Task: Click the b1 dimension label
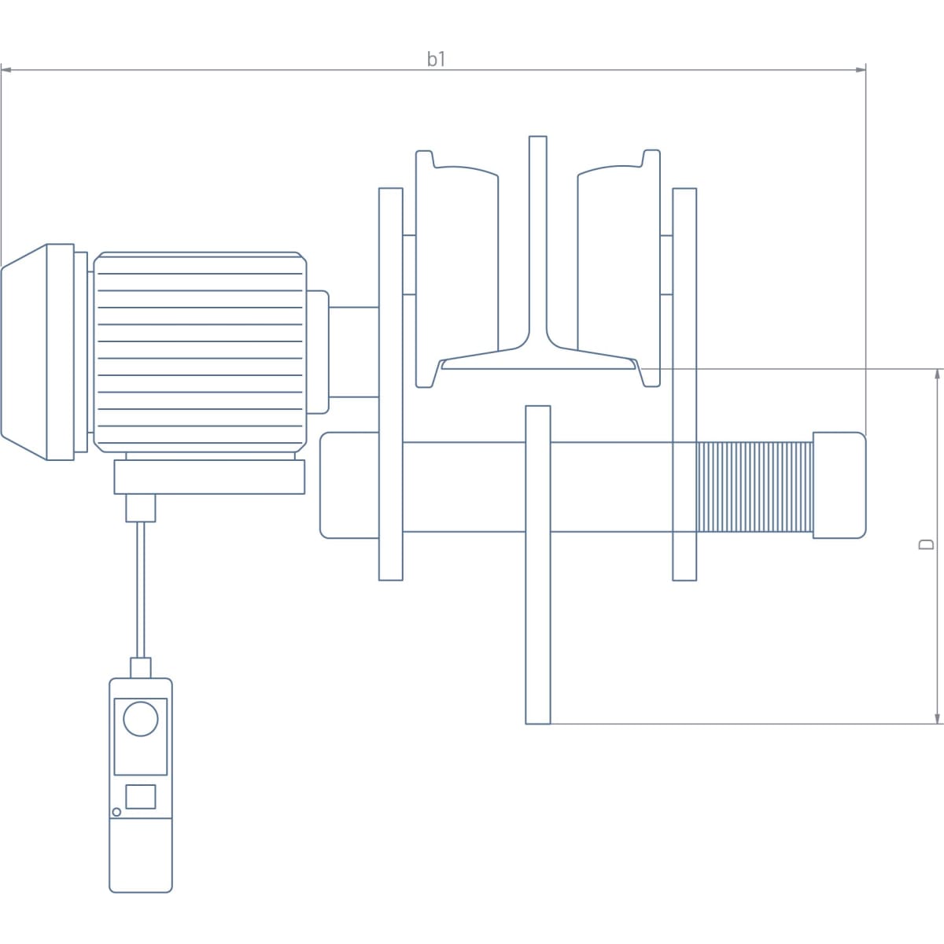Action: point(437,59)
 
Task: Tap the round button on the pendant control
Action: point(141,719)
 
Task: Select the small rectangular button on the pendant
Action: point(141,796)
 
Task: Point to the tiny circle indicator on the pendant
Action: point(116,812)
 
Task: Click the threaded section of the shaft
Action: point(754,486)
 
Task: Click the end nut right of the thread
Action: point(839,485)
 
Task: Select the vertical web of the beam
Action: point(538,236)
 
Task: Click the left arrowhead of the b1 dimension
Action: point(6,71)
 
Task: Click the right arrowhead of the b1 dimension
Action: point(861,71)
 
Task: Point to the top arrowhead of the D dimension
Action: point(938,374)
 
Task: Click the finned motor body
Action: point(200,352)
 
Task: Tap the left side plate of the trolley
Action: point(391,384)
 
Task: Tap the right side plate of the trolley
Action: point(684,384)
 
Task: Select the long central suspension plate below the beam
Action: point(538,564)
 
